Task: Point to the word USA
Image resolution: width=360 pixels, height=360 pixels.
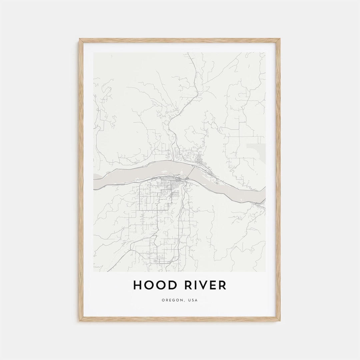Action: pos(193,300)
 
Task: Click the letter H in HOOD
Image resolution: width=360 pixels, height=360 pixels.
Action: pos(138,285)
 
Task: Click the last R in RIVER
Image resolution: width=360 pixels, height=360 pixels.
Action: pos(222,285)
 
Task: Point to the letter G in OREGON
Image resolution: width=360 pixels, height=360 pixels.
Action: pos(174,300)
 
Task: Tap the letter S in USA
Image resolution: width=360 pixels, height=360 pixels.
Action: pos(193,300)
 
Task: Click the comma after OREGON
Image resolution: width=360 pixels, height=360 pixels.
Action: pos(184,301)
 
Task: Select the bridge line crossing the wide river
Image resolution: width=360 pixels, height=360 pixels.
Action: pos(191,173)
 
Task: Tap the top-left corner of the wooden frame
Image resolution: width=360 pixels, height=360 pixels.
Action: pos(80,39)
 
